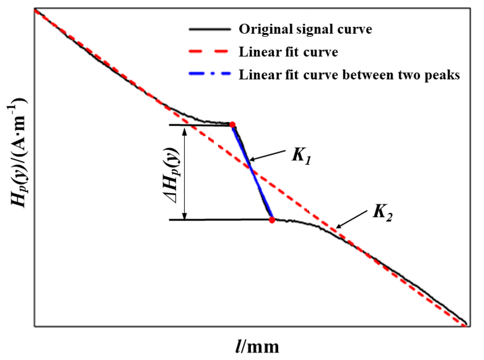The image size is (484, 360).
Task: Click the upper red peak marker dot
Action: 232,124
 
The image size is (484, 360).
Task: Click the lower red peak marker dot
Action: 272,220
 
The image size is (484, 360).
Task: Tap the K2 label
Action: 382,212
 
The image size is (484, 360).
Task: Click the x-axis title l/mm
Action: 257,347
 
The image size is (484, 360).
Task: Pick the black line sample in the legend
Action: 209,29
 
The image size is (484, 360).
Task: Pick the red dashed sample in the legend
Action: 209,52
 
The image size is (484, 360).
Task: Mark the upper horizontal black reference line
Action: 199,125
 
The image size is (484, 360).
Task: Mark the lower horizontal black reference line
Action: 219,220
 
